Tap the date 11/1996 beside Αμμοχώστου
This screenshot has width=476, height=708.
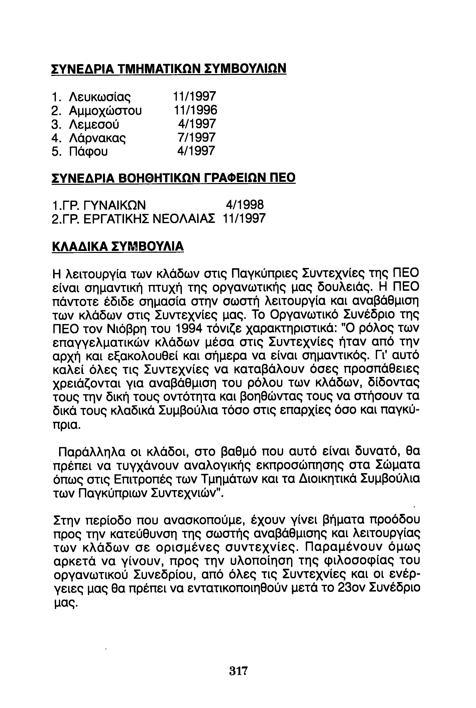coord(195,110)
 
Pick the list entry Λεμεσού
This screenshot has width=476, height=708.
coord(94,124)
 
